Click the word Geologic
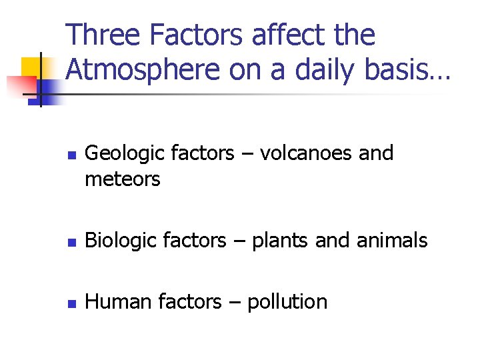[x=125, y=154]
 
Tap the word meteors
[x=123, y=179]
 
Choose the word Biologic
[x=123, y=241]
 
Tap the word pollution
[x=287, y=302]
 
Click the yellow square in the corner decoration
[x=31, y=67]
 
